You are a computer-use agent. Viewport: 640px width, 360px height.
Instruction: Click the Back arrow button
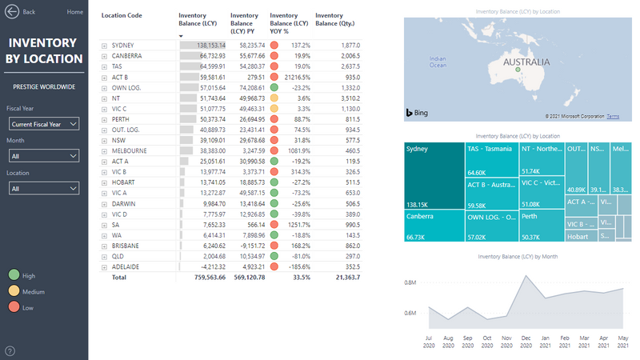point(12,12)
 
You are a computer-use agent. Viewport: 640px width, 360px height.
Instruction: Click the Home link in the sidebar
point(74,12)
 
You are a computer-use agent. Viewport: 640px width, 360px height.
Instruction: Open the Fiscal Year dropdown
point(44,123)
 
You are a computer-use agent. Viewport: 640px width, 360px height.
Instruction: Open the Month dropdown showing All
point(44,156)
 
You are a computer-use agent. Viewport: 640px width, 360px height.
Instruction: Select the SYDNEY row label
point(122,46)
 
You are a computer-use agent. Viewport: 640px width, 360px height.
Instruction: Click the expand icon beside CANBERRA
point(104,56)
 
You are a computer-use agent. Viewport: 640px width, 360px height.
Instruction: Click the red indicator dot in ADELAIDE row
point(275,266)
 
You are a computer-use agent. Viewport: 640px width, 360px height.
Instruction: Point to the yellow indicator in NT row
point(275,98)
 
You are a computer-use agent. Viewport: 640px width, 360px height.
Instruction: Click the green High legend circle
point(14,274)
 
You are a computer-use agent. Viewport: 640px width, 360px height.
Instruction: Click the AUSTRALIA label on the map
point(525,62)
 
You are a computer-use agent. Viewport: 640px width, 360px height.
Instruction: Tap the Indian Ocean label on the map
point(438,62)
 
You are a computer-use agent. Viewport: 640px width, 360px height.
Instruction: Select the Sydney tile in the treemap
point(434,175)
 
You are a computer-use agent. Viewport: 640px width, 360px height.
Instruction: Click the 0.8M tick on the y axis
point(410,282)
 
